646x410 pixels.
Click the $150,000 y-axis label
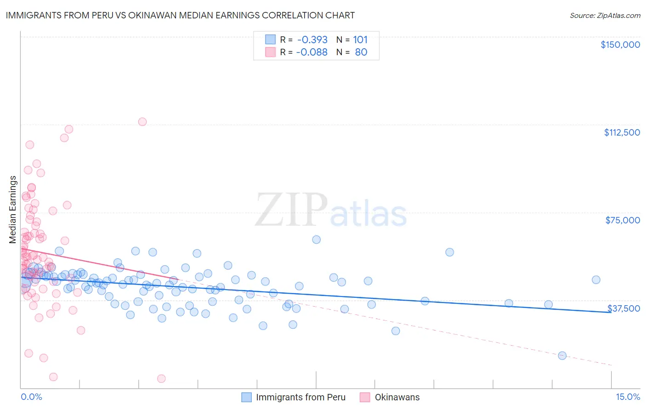(x=620, y=45)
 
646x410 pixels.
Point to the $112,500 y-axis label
(x=622, y=132)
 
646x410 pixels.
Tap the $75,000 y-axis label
(x=623, y=220)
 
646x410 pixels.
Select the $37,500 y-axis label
(x=623, y=308)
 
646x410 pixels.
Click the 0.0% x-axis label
(x=31, y=397)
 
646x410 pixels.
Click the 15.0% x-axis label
(x=628, y=397)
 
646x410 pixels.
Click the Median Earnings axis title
(x=13, y=209)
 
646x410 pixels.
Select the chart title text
(x=180, y=15)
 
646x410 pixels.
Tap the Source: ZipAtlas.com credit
(x=605, y=16)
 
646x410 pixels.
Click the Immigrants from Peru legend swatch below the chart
(x=247, y=397)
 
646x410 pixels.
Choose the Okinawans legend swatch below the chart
(x=365, y=397)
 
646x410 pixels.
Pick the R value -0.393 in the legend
(x=312, y=40)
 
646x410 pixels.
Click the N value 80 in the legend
(x=361, y=52)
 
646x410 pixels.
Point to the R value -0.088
(x=312, y=52)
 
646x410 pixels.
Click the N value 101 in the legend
(x=360, y=40)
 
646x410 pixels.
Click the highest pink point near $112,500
(x=142, y=122)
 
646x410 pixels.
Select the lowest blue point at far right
(x=562, y=355)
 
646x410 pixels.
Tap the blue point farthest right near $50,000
(x=596, y=280)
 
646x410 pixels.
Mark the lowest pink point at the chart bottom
(x=161, y=378)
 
